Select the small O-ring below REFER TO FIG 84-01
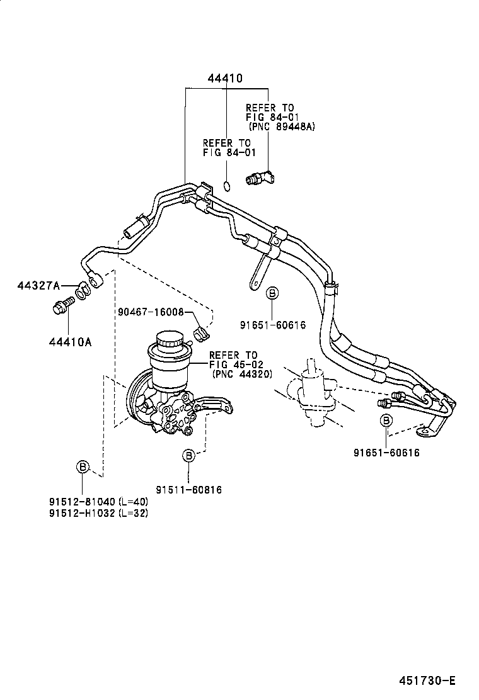(227, 185)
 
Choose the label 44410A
(70, 342)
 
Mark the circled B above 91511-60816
(188, 455)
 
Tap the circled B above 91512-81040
(83, 466)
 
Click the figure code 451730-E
(427, 680)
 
